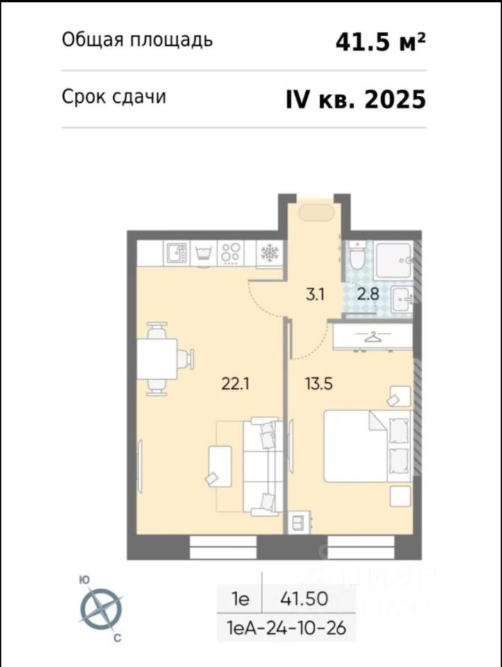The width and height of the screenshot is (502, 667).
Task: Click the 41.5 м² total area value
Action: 380,42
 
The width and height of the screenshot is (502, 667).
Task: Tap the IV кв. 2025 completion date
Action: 355,99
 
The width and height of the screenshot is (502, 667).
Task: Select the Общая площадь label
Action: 137,40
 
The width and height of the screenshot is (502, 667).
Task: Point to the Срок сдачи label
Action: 114,97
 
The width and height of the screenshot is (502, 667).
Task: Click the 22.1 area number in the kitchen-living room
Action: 235,384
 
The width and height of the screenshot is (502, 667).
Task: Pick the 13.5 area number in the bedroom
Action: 319,384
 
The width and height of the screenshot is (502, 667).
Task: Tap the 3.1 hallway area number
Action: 315,294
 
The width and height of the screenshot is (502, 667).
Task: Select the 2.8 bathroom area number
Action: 368,294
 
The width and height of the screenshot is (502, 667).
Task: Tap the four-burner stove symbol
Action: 230,254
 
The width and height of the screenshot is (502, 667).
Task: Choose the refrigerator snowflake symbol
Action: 269,253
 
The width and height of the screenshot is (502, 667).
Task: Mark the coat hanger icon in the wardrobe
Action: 372,336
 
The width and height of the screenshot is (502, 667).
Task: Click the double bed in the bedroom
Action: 368,446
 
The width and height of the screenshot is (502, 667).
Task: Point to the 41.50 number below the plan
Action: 303,598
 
